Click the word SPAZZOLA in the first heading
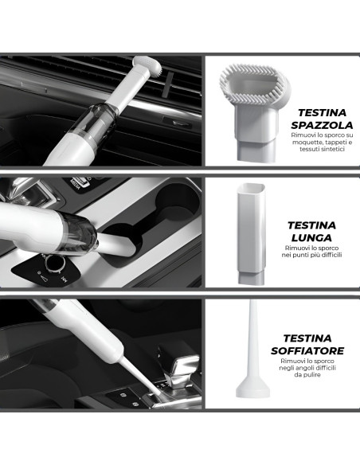[322, 125]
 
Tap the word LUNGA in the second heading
[311, 237]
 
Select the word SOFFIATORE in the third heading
[307, 350]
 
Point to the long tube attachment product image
[251, 233]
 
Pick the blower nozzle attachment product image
[252, 350]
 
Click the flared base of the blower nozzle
[252, 389]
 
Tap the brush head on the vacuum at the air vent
[147, 65]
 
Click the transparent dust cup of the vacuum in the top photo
[100, 122]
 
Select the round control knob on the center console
[55, 263]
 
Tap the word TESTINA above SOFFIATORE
[307, 338]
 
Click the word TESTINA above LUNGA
[311, 225]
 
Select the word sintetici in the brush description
[333, 149]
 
